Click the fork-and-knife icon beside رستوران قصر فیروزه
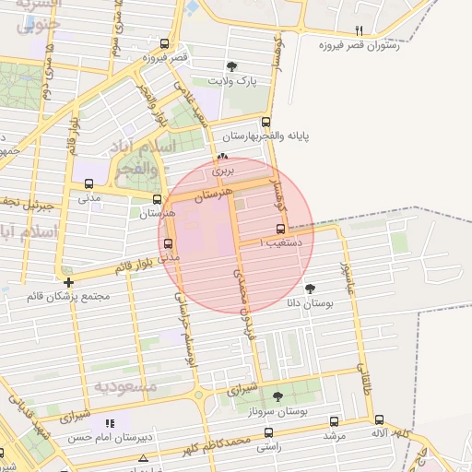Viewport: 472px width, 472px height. pos(360,29)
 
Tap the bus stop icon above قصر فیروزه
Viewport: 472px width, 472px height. pos(164,43)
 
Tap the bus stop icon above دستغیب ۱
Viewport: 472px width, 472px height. pos(280,230)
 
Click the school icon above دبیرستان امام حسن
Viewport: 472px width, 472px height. pos(110,422)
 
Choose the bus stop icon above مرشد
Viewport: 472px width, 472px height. pos(334,421)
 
